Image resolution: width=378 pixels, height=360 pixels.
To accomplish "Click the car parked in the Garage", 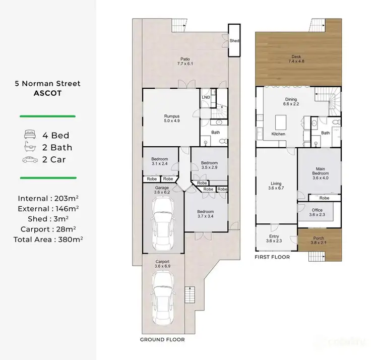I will tap(162, 223).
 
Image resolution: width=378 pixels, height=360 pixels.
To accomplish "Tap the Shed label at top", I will tap(234, 41).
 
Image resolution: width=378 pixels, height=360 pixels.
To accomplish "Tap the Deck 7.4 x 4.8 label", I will tap(297, 58).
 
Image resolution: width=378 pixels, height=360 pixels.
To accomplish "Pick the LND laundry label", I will tap(206, 97).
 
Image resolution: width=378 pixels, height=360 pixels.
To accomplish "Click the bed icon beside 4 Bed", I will tap(30, 135).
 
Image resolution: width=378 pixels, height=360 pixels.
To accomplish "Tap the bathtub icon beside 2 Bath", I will tap(30, 147).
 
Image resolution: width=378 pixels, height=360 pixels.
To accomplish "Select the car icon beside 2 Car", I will tap(30, 159).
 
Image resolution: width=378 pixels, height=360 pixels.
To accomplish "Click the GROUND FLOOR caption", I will tap(162, 340).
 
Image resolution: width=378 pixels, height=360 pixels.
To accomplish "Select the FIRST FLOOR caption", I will tap(272, 257).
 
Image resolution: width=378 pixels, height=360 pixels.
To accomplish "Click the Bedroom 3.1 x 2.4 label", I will tap(160, 161).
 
